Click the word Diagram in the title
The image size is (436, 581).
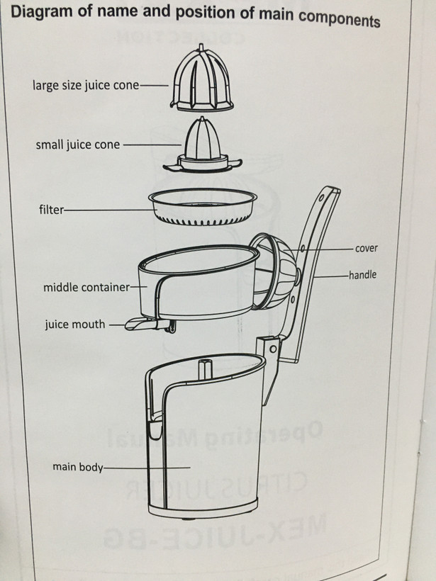coord(42,11)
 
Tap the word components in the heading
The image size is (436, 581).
coord(339,19)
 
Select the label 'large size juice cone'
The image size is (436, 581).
coord(86,85)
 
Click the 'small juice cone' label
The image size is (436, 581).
coord(78,144)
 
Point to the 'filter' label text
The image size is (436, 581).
coord(52,210)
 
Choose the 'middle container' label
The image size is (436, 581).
coord(86,287)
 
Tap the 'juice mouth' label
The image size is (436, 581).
coord(75,325)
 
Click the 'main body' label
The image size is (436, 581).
coord(77,466)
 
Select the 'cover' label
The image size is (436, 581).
coord(367,248)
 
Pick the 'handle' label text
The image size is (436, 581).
coord(362,275)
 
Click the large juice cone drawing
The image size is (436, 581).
coord(201,79)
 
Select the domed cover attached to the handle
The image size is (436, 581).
coord(274,271)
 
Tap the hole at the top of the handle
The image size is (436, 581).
coord(321,198)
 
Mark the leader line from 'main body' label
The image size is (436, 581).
coord(147,468)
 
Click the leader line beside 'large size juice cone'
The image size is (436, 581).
coord(154,86)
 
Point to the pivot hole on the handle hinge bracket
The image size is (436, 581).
coord(273,349)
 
